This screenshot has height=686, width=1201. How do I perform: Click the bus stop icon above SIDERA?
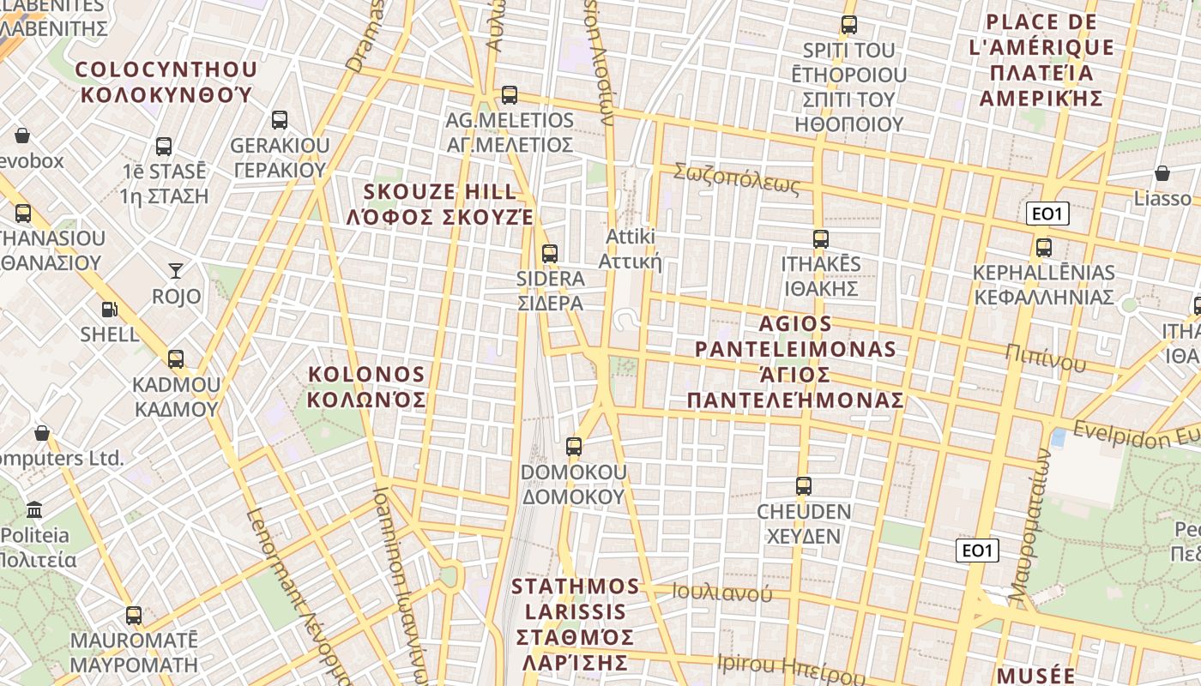pyautogui.click(x=550, y=254)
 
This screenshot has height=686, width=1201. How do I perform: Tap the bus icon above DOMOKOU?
pyautogui.click(x=574, y=447)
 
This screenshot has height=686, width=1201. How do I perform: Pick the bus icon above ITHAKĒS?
pyautogui.click(x=821, y=239)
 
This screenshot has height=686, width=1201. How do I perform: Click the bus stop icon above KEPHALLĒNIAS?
pyautogui.click(x=1044, y=248)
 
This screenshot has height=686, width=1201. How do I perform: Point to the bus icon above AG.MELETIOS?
pyautogui.click(x=510, y=95)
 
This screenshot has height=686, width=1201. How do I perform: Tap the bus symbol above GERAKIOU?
pyautogui.click(x=280, y=120)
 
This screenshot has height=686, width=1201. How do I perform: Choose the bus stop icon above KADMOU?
pyautogui.click(x=176, y=359)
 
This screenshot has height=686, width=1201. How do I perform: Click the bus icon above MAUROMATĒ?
pyautogui.click(x=134, y=616)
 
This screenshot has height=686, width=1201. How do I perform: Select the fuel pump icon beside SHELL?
pyautogui.click(x=109, y=310)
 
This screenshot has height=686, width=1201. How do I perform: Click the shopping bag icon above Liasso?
pyautogui.click(x=1162, y=174)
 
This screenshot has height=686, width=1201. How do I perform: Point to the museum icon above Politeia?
pyautogui.click(x=34, y=510)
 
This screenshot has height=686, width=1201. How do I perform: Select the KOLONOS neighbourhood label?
pyautogui.click(x=366, y=387)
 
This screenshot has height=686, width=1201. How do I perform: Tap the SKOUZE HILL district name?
pyautogui.click(x=441, y=204)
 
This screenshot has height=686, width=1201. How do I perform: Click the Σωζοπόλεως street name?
pyautogui.click(x=736, y=178)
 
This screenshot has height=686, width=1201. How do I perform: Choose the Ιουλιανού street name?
pyautogui.click(x=721, y=593)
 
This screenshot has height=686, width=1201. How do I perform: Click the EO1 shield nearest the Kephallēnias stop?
pyautogui.click(x=1047, y=214)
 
